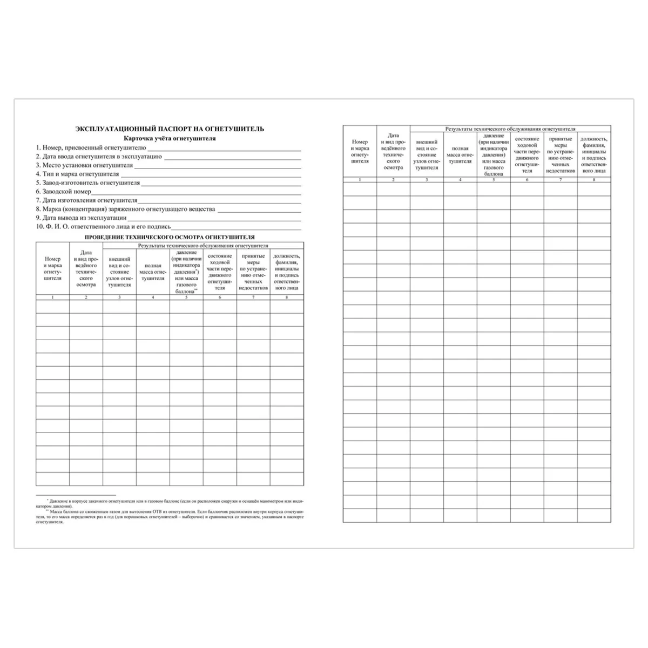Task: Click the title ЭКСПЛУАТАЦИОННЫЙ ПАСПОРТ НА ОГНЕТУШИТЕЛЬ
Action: click(170, 129)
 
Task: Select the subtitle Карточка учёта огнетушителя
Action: click(170, 138)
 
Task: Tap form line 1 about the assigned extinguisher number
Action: click(91, 147)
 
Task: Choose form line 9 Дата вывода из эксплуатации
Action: click(82, 218)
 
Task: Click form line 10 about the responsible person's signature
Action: click(103, 227)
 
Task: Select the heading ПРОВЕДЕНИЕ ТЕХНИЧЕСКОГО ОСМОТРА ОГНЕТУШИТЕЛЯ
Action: click(170, 237)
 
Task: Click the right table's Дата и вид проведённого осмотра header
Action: click(393, 152)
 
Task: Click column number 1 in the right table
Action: click(360, 179)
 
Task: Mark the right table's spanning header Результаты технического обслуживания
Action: click(510, 129)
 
